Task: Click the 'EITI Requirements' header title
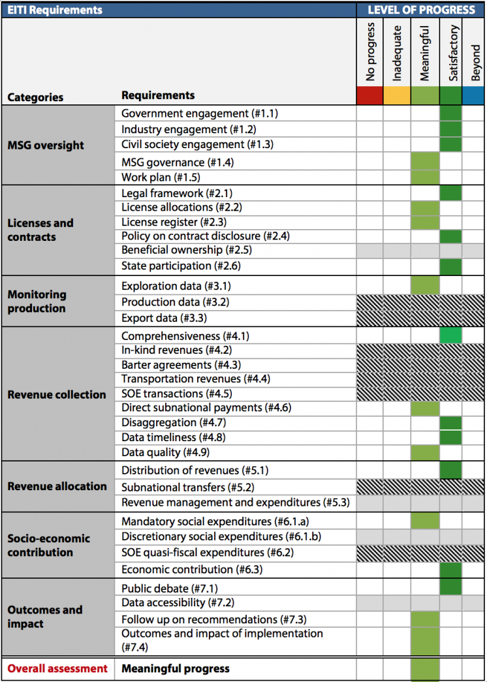coord(55,10)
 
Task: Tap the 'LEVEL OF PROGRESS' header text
coord(421,10)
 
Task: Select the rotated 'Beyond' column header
coord(475,63)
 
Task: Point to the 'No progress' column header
coord(370,52)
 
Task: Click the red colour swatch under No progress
coord(369,95)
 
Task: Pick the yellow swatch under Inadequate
coord(397,95)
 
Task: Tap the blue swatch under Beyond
coord(473,95)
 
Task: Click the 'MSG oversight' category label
coord(46,146)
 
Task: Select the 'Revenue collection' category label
coord(57,394)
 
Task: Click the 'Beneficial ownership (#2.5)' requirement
coord(187,250)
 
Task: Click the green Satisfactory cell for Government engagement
coord(450,114)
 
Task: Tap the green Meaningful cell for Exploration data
coord(425,286)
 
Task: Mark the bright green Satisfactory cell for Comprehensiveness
coord(450,336)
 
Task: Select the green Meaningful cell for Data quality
coord(425,452)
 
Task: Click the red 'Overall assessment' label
coord(57,668)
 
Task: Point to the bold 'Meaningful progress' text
coord(176,668)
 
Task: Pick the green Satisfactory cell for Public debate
coord(450,588)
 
